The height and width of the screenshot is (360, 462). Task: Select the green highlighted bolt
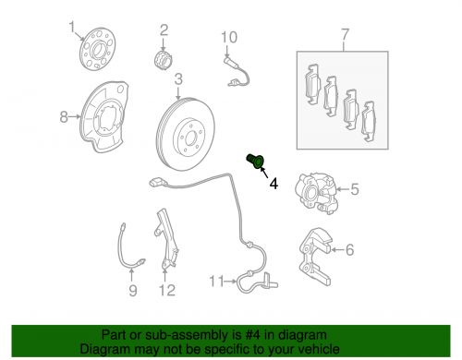click(257, 164)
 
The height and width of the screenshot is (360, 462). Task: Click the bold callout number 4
click(273, 184)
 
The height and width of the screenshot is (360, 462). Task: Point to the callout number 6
click(350, 248)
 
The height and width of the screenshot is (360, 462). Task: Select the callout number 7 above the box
click(346, 38)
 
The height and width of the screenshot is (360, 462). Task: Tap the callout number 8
click(64, 116)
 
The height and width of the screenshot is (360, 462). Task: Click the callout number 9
click(132, 293)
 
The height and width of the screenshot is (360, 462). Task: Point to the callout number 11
click(215, 281)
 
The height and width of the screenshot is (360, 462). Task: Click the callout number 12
click(166, 293)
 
